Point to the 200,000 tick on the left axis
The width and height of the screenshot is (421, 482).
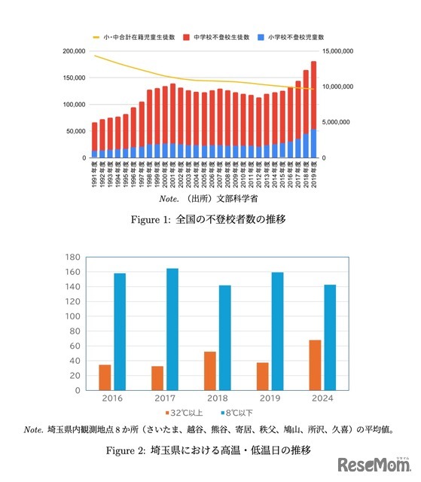tap(74, 51)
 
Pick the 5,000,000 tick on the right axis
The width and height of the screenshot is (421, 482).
tap(346, 122)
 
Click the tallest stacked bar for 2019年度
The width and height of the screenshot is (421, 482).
tap(313, 109)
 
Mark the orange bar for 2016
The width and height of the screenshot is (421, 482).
tap(105, 377)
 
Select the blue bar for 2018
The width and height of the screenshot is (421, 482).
tap(225, 337)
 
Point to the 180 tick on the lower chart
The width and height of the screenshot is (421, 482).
tap(72, 257)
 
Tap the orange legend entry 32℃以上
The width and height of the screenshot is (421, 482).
tap(182, 413)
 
